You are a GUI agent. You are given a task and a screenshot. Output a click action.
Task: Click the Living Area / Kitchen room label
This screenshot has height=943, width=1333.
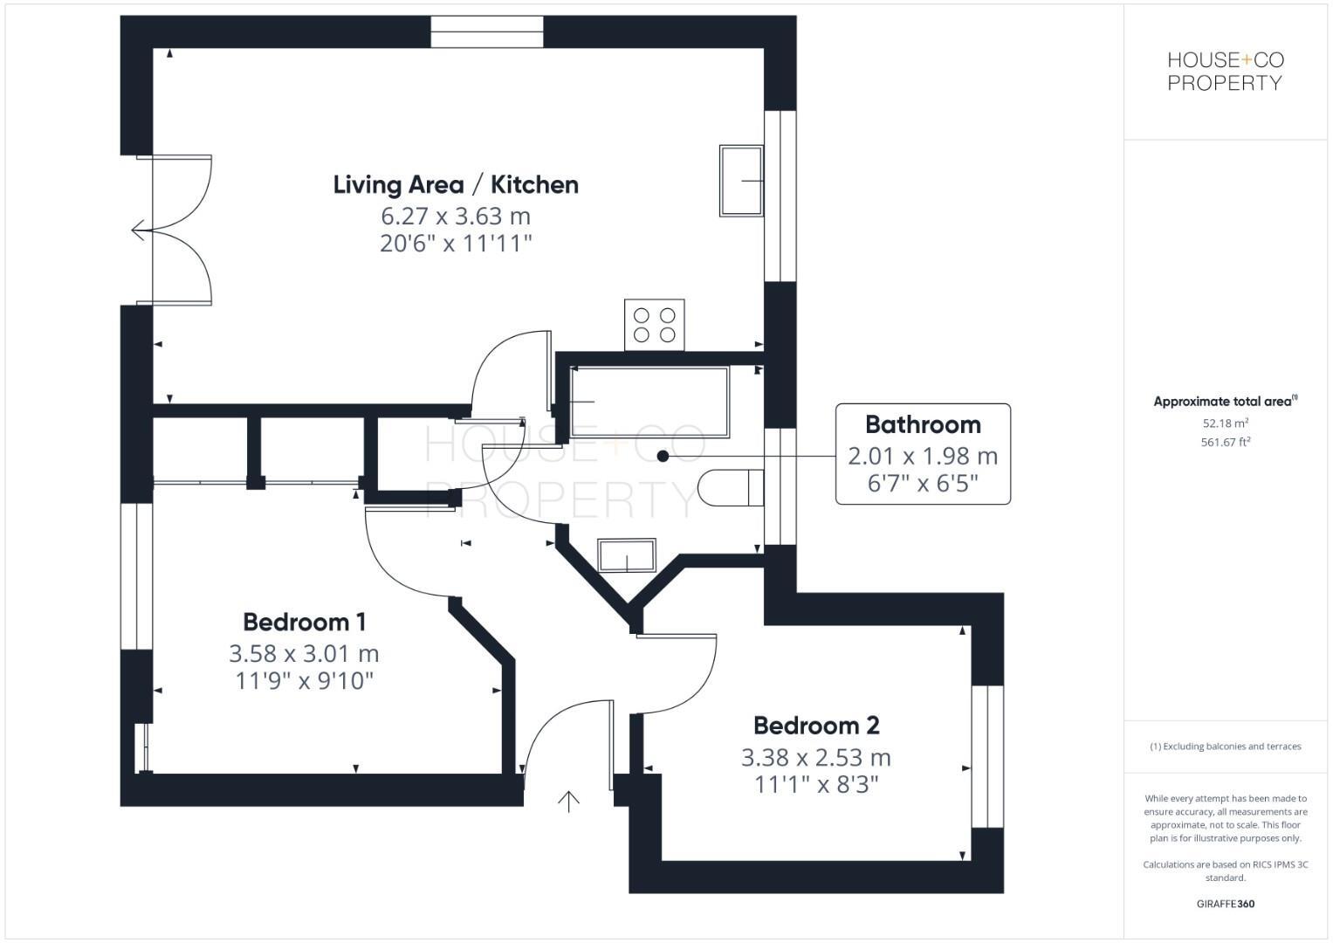[x=456, y=185]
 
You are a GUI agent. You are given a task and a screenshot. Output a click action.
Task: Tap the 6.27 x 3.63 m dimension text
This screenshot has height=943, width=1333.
[x=456, y=216]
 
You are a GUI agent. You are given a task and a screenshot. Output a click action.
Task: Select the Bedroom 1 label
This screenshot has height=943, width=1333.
[x=304, y=623]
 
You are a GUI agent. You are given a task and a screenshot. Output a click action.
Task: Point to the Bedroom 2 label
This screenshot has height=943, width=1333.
[x=816, y=726]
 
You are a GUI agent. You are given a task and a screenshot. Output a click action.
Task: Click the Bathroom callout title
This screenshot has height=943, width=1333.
[x=923, y=425]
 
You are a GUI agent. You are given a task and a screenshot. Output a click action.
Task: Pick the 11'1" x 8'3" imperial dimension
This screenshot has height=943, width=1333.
[x=816, y=785]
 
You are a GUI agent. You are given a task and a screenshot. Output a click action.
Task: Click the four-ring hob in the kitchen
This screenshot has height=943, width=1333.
[x=655, y=325]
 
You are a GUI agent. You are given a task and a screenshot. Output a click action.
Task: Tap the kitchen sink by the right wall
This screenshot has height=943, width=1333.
[x=741, y=181]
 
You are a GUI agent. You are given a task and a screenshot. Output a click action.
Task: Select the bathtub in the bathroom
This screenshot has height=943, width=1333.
[x=649, y=402]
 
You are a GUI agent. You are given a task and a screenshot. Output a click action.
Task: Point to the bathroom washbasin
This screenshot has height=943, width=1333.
[x=626, y=555]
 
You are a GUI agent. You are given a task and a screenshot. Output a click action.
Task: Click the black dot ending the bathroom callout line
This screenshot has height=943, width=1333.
[x=663, y=456]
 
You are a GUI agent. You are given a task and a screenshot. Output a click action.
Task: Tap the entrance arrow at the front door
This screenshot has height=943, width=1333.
[x=569, y=801]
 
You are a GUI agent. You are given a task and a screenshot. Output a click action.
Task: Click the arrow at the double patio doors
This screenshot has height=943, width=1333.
[x=139, y=231]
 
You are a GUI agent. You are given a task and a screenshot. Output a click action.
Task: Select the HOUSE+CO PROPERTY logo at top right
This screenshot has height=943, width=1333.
[x=1225, y=72]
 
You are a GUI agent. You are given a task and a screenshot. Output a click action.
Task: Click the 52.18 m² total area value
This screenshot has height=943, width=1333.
[x=1225, y=423]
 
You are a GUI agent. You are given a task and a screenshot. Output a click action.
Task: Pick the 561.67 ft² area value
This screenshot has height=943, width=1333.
[x=1225, y=443]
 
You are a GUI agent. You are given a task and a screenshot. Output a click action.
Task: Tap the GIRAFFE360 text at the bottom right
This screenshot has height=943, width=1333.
[x=1225, y=904]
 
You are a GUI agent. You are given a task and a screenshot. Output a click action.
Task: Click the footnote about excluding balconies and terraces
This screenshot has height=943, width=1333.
[x=1225, y=747]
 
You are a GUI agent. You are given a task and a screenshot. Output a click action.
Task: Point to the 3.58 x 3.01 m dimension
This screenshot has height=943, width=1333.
[x=304, y=654]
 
